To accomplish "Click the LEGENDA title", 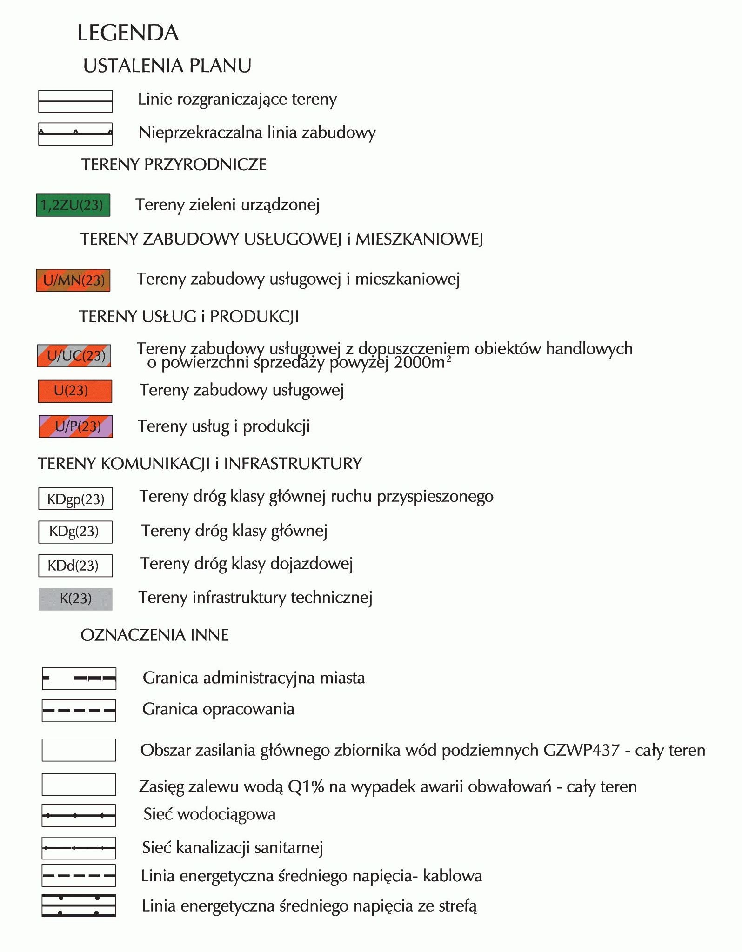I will (128, 33).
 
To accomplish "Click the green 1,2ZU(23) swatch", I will (73, 205).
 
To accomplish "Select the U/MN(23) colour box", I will (73, 280).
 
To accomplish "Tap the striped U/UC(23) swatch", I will (74, 356).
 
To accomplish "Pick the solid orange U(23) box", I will (75, 391).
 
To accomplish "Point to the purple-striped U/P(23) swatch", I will (75, 426).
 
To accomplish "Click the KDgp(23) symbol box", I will (75, 499).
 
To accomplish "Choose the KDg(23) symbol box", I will (75, 532).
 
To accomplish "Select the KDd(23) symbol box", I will (75, 566).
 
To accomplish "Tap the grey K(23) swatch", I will (75, 599).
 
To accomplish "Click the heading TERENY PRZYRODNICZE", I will (174, 165).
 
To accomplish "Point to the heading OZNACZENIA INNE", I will (154, 635).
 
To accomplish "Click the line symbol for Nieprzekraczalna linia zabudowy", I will (75, 134).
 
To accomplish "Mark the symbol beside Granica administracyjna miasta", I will (79, 679).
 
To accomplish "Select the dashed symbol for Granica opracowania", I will (79, 711).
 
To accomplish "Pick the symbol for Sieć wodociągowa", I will (79, 815).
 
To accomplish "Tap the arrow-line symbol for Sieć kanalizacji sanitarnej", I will (79, 848).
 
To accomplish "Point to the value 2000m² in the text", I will (422, 362).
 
